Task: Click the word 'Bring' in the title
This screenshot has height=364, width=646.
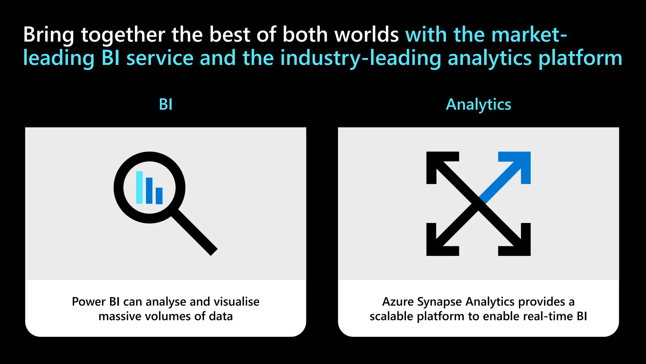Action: (x=48, y=35)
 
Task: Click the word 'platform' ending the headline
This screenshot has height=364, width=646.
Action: (x=580, y=58)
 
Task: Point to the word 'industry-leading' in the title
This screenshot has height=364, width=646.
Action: (x=361, y=58)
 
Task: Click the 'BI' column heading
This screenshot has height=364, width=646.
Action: (x=166, y=104)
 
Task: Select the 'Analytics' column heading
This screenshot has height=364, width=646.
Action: (x=478, y=104)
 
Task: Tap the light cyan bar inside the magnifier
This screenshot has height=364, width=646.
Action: (x=139, y=187)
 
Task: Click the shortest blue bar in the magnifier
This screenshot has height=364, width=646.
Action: (x=159, y=196)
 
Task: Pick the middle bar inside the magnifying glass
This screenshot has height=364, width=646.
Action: (x=149, y=191)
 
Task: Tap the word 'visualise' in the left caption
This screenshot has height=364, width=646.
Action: (x=237, y=302)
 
